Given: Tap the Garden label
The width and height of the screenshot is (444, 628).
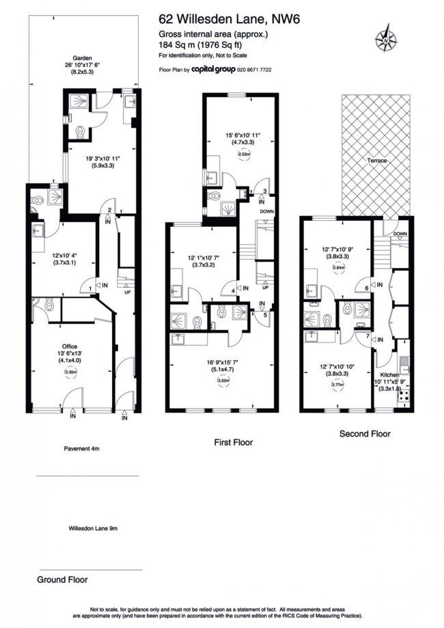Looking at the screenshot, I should [x=83, y=59].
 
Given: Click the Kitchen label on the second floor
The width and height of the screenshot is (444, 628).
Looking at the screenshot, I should [x=389, y=375].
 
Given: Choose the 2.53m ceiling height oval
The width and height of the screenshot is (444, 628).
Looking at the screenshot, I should [x=243, y=155].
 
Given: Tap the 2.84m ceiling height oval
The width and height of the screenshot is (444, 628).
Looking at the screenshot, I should [x=335, y=268].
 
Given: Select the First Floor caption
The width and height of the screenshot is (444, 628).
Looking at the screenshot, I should [x=233, y=443].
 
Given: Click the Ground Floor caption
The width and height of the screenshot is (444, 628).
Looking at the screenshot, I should [x=62, y=579].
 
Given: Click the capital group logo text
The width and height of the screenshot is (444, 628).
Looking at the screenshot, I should [x=213, y=70].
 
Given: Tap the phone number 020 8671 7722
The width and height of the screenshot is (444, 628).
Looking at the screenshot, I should [x=255, y=70].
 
